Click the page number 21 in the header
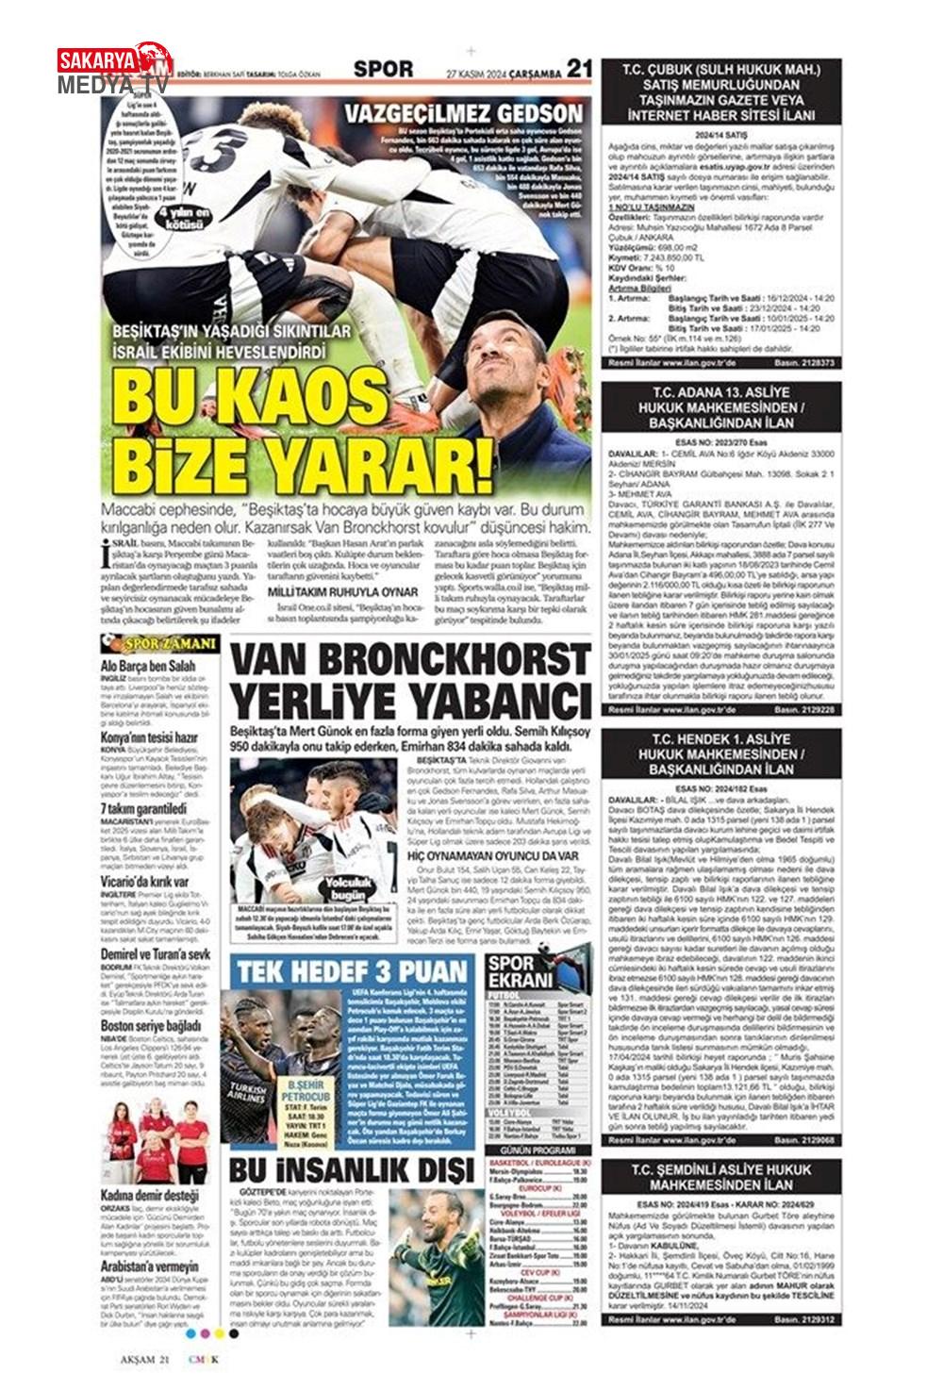(x=580, y=68)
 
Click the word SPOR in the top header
(x=384, y=69)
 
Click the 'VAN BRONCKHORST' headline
(x=411, y=662)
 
